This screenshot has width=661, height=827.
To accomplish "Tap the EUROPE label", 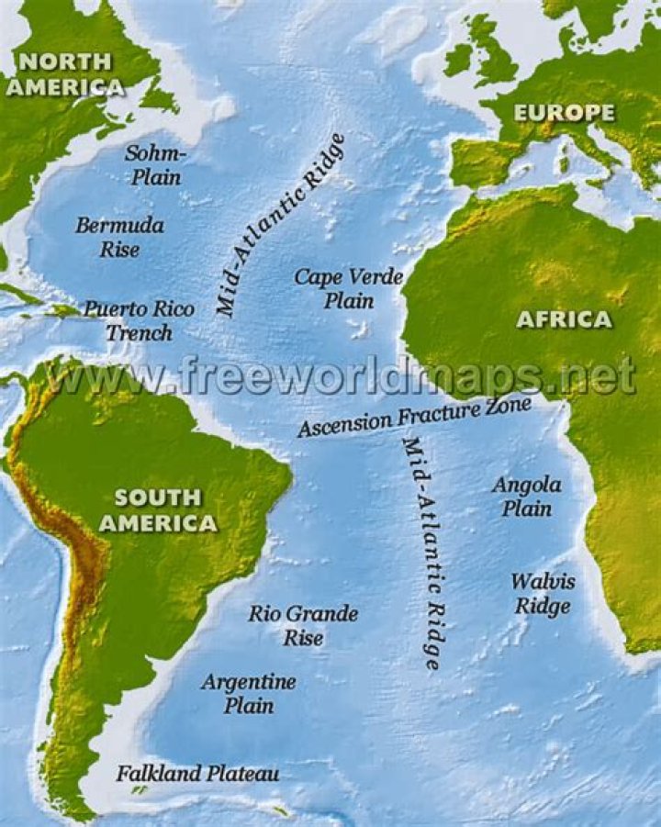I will pos(563,113).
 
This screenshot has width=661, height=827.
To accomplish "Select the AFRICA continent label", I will pos(564,319).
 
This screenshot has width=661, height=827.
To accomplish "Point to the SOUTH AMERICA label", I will pos(158,510).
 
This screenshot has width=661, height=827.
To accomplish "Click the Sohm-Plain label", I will pos(154,164).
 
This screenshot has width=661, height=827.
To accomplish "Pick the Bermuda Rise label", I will pos(120,237).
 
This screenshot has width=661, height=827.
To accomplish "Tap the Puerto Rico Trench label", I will pos(139,319).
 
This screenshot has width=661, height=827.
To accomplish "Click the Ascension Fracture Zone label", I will pos(414,419).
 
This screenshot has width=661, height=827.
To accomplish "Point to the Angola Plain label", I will pos(526,496).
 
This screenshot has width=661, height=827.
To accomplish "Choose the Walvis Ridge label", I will pos(543,593).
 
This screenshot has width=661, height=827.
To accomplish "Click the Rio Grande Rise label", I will pos(303,625).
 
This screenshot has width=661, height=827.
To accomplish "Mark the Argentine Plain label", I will pos(249,693).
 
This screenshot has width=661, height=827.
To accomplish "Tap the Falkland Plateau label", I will pos(197,774).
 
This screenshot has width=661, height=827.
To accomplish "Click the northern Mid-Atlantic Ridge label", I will pos(280,225).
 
